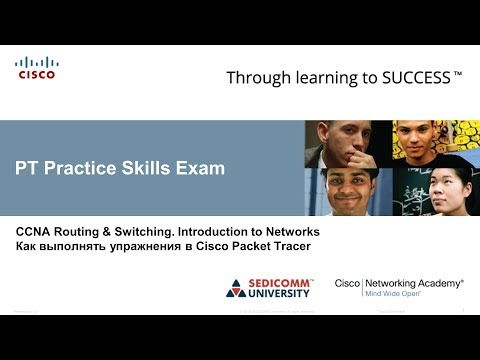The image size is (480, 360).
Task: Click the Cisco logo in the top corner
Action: click(36, 69)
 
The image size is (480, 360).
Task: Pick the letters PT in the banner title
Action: click(29, 168)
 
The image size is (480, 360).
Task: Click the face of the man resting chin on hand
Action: click(346, 141)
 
